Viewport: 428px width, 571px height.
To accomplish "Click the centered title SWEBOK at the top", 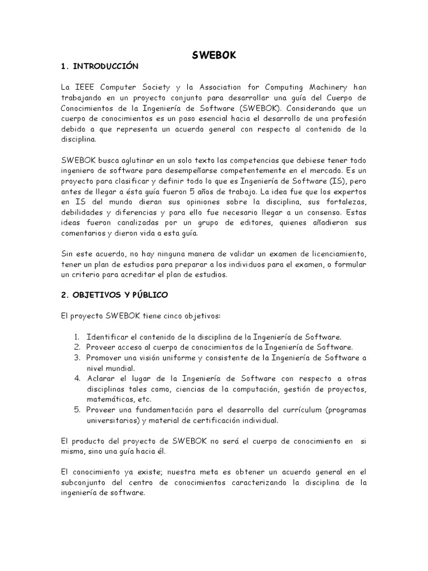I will point(213,56).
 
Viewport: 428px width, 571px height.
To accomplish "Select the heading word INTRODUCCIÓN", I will point(105,66).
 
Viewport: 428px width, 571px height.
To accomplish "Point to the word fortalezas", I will point(346,202).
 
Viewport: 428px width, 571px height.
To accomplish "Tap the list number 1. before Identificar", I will point(77,337).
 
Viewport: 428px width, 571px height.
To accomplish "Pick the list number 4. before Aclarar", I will point(77,378).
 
